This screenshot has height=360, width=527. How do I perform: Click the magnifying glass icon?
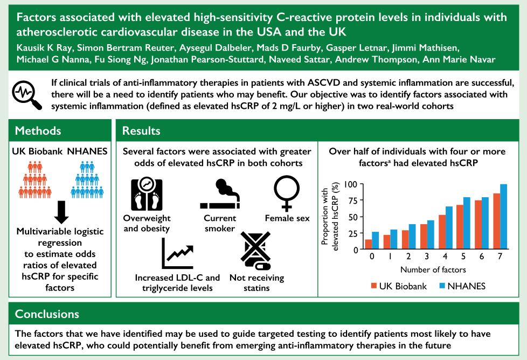[x=27, y=95]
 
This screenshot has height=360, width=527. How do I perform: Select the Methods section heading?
[x=38, y=130]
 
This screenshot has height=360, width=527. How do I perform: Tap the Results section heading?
[x=141, y=130]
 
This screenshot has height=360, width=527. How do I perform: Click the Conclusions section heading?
[x=47, y=314]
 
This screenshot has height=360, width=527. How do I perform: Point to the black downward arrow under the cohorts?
[x=61, y=212]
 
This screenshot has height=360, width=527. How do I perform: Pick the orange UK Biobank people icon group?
[x=35, y=180]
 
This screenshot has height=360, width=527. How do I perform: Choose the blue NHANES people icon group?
[x=87, y=180]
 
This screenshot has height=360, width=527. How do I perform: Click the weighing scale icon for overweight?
[x=147, y=195]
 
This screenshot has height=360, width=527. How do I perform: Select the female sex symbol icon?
[x=286, y=193]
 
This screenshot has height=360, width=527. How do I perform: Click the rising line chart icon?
[x=177, y=253]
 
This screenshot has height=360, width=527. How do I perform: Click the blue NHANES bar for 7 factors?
[x=503, y=217]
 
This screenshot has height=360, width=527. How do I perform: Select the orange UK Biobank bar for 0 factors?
[x=369, y=244]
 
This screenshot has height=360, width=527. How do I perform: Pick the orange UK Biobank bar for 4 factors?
[x=442, y=232]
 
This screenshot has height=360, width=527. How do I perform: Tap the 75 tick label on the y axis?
[x=352, y=200]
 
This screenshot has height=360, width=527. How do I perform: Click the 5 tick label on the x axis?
[x=463, y=257]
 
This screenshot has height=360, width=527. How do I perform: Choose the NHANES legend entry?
[x=462, y=286]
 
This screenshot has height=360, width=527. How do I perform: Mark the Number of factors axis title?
[x=433, y=269]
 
